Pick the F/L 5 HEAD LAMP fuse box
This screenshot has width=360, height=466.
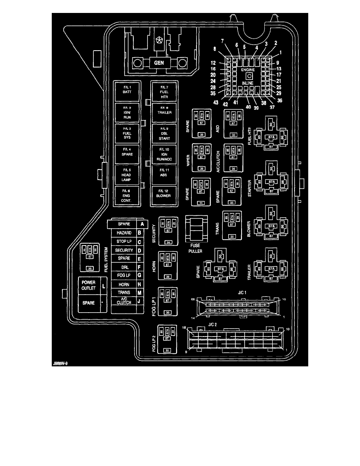click(126, 175)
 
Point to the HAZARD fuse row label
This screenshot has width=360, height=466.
click(124, 233)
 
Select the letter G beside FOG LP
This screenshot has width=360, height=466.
click(139, 276)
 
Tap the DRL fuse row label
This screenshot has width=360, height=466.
click(124, 267)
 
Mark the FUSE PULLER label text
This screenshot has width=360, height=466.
click(194, 248)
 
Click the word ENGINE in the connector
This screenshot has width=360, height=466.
click(248, 69)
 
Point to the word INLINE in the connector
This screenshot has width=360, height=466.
click(247, 83)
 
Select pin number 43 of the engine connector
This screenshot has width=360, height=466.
click(215, 102)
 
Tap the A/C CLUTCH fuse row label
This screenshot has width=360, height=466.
click(124, 301)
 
